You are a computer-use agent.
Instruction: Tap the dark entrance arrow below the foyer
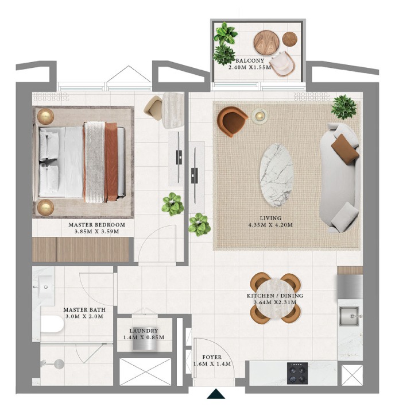click(216, 393)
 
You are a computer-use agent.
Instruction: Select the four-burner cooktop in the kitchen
click(297, 373)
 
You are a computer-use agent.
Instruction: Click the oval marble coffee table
click(276, 175)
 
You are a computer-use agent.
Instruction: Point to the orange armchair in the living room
click(231, 121)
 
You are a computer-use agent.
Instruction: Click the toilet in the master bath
click(52, 324)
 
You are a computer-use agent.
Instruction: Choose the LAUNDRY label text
click(144, 331)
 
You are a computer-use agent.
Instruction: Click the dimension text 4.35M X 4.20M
click(270, 225)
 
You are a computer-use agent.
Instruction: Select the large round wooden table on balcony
click(266, 43)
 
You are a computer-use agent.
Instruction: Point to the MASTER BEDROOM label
click(97, 225)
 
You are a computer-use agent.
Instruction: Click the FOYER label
click(212, 357)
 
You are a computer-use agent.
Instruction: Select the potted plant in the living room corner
click(344, 107)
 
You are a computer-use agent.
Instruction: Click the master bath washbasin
click(44, 286)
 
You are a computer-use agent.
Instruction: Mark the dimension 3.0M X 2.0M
click(84, 316)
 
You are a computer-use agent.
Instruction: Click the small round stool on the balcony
click(290, 39)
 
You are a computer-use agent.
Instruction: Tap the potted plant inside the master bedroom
click(173, 204)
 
